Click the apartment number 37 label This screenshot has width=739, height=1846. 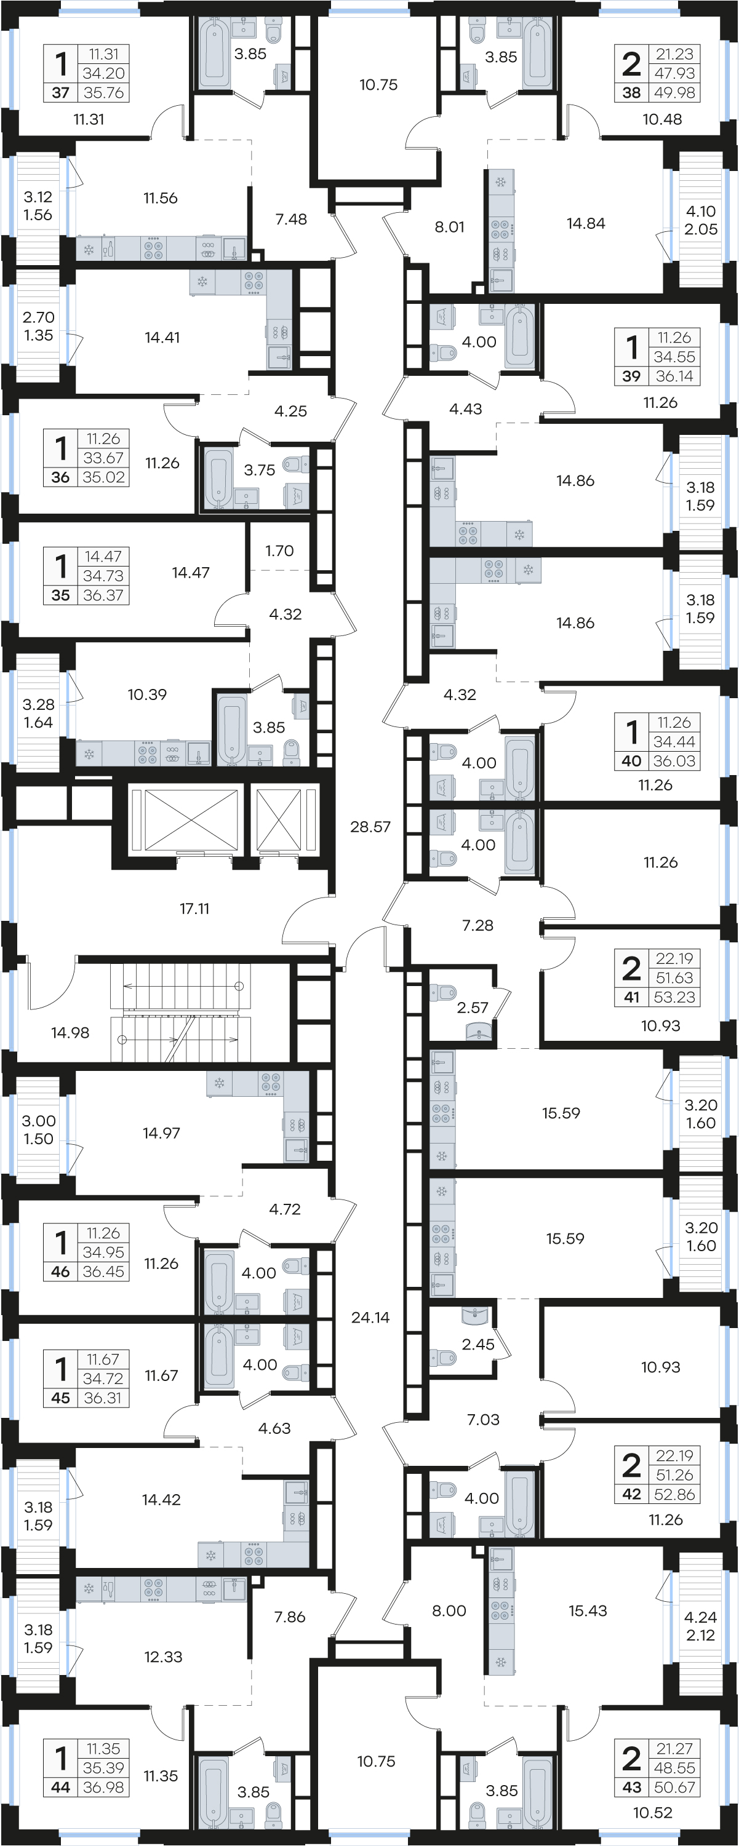61,92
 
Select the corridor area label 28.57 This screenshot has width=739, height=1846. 370,827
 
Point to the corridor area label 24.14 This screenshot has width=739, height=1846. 370,1317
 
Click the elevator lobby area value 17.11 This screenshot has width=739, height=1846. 194,909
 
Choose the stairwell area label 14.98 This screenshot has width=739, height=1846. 70,1033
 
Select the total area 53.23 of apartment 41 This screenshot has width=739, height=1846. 674,997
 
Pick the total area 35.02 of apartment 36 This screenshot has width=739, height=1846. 104,477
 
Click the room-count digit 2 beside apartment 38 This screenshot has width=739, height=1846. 631,64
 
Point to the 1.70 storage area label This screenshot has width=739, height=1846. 279,551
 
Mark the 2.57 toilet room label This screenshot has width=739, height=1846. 473,1008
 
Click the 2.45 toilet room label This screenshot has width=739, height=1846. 478,1345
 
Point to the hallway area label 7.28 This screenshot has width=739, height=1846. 478,925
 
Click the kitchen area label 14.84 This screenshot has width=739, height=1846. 586,223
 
